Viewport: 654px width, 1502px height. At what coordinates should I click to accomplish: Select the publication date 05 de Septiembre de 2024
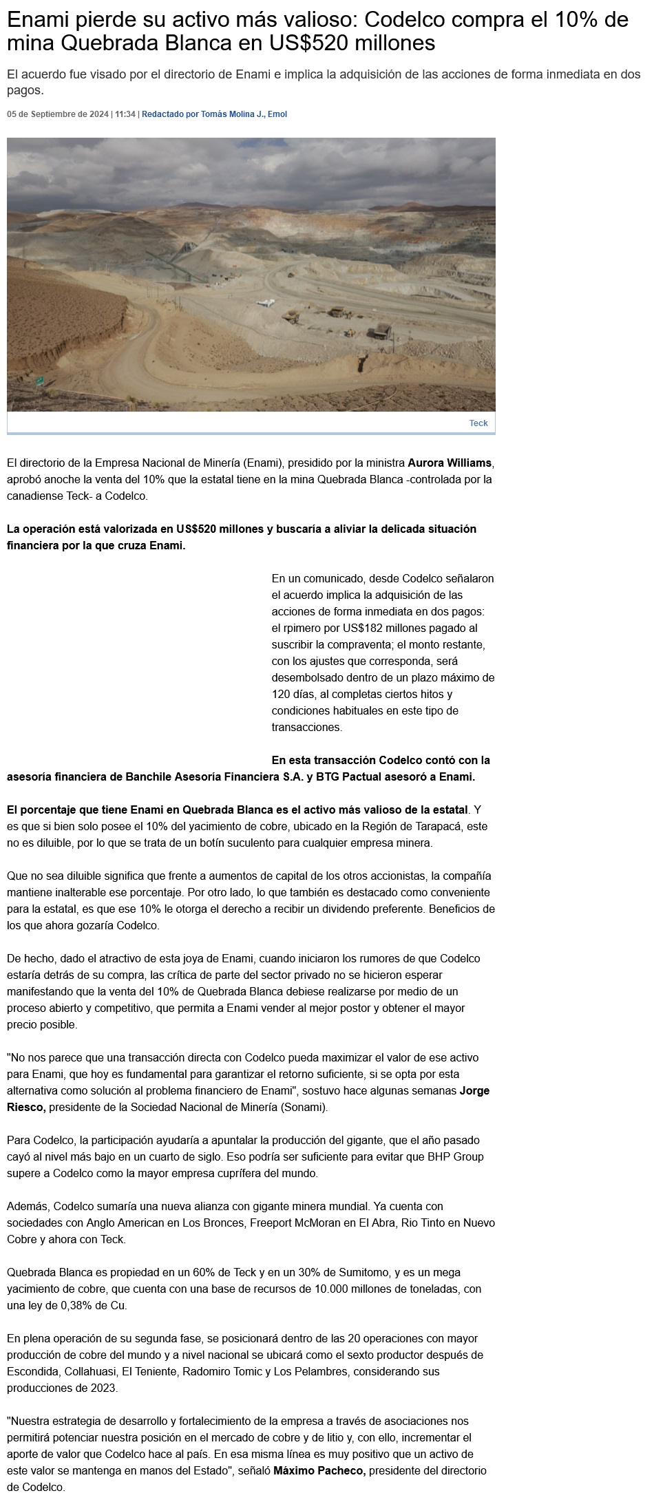coord(58,114)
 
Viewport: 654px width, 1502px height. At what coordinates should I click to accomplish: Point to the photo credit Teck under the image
coord(478,423)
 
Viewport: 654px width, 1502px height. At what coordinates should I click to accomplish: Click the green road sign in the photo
coord(40,380)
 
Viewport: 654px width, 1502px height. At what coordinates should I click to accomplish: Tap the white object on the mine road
coord(264,302)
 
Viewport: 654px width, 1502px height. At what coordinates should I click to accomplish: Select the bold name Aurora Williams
coord(450,463)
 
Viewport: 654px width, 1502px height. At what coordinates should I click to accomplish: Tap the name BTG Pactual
coord(352,776)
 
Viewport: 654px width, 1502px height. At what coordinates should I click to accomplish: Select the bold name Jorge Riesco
coord(474,1090)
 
